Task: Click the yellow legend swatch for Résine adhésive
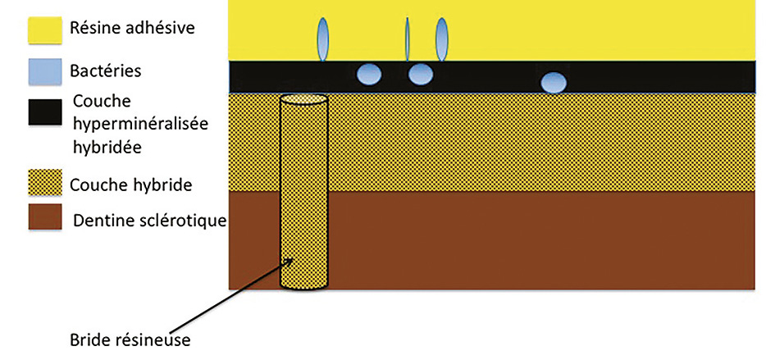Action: pos(45,30)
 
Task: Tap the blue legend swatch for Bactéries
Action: pos(45,71)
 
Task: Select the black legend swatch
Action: pos(45,112)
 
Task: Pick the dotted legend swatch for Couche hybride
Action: pos(45,182)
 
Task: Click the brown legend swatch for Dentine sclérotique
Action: pos(45,216)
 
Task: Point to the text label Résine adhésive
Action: pos(132,28)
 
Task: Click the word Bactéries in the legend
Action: pos(106,71)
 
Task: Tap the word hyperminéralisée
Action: pos(141,124)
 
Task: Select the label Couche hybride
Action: pos(131,185)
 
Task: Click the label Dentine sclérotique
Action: pos(150,221)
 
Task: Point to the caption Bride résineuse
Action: pos(130,339)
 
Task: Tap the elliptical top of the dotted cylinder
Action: pos(303,99)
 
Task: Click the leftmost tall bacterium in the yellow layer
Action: pos(323,39)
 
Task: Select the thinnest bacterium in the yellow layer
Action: pos(408,39)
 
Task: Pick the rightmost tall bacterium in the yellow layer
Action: pos(441,39)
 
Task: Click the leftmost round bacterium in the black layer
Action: pos(369,75)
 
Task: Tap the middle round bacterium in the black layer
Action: pos(421,75)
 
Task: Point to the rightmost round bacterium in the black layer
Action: pos(554,83)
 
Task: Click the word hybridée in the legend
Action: pos(107,146)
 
